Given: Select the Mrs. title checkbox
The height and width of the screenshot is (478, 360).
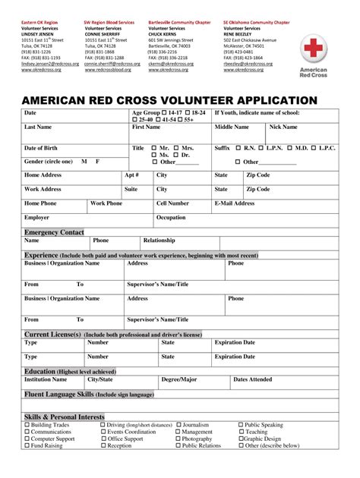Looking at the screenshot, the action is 177,147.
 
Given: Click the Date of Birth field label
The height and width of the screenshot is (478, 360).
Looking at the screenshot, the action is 43,147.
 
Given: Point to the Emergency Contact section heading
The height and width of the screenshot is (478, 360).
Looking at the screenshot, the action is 54,231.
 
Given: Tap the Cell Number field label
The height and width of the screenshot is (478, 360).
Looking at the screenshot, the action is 172,203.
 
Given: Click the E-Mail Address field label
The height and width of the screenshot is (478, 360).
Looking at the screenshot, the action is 235,203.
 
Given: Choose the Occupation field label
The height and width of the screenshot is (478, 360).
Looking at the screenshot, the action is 170,218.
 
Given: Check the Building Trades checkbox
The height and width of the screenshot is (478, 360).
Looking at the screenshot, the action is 27,425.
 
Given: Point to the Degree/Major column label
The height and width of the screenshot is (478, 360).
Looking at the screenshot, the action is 179,379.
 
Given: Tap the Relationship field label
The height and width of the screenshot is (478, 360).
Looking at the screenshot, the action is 159,241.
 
